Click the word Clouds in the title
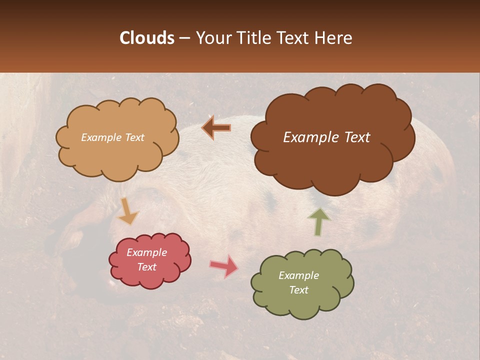147,38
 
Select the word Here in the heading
334,38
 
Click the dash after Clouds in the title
184,38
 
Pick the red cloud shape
150,277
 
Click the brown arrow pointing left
216,128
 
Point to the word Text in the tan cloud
134,137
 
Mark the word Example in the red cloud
147,252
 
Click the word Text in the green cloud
299,290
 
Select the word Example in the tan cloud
101,137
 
